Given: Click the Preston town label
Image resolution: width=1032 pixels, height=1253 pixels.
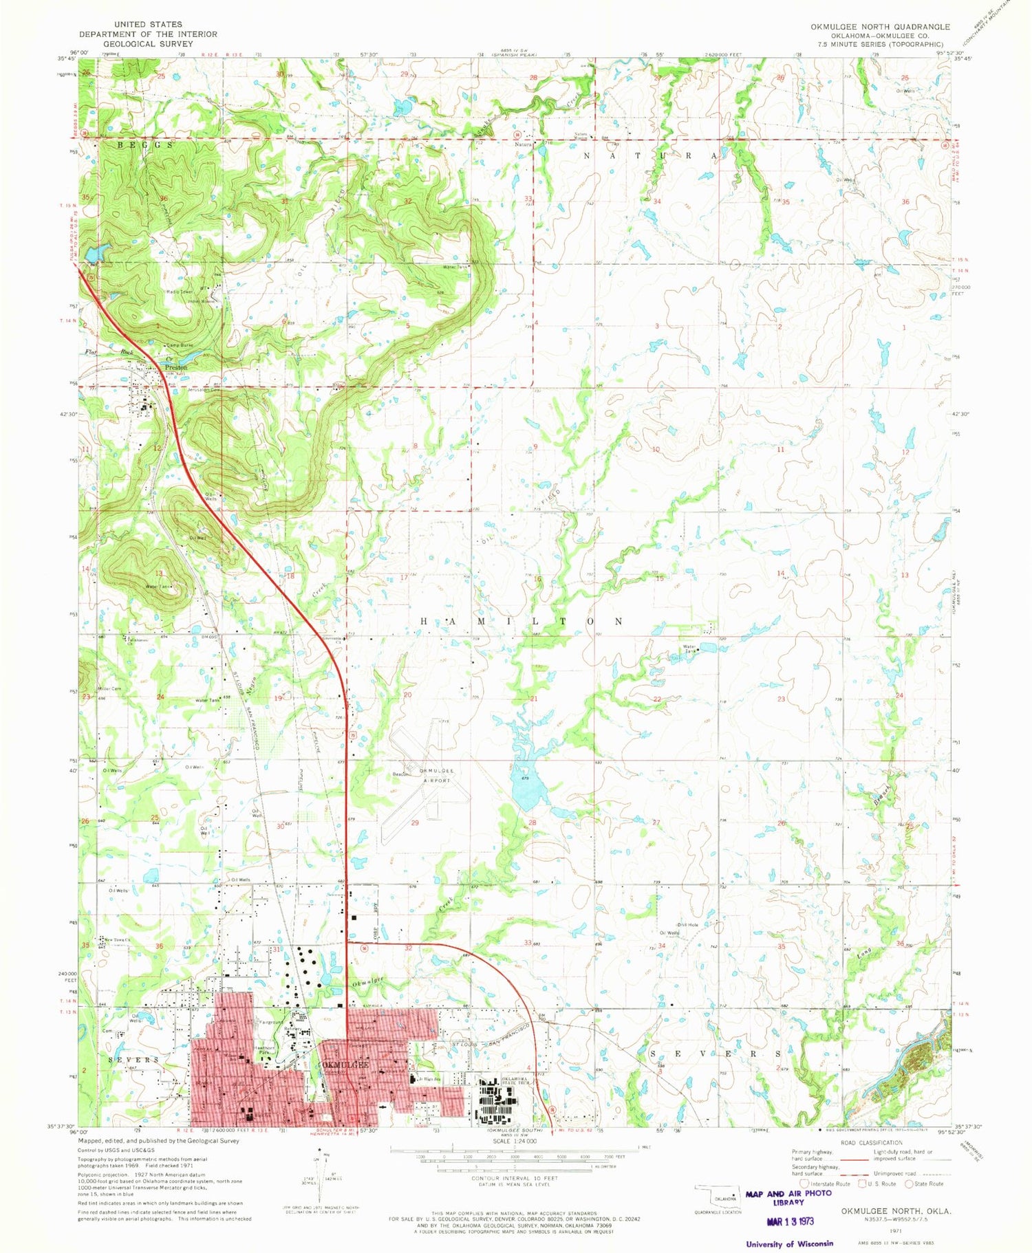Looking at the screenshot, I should (x=175, y=367).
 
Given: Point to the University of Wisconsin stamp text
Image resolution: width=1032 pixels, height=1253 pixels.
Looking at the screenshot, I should (x=789, y=1243).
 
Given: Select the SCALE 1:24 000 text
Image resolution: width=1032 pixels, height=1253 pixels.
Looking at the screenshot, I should (x=514, y=1141).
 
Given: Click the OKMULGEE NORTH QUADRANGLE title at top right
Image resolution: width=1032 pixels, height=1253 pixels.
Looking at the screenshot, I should (x=880, y=27).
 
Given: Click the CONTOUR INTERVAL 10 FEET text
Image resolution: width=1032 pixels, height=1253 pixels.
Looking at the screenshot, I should (x=514, y=1178).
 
